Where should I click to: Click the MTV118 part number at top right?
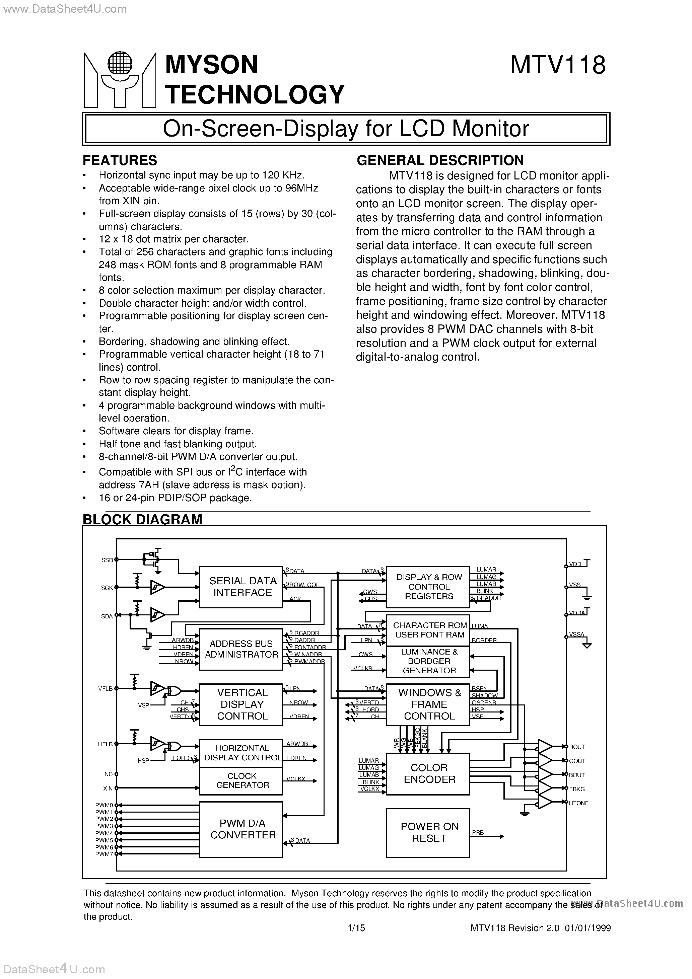[558, 66]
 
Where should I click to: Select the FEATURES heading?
[120, 160]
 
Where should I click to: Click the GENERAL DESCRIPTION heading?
[440, 160]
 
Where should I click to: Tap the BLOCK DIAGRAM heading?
[142, 519]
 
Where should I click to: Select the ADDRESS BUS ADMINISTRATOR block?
[241, 649]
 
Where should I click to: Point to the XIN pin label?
[108, 788]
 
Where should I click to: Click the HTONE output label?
[578, 803]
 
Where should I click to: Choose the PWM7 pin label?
[104, 854]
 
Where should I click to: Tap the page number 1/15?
[356, 928]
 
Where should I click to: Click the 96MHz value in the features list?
[301, 189]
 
